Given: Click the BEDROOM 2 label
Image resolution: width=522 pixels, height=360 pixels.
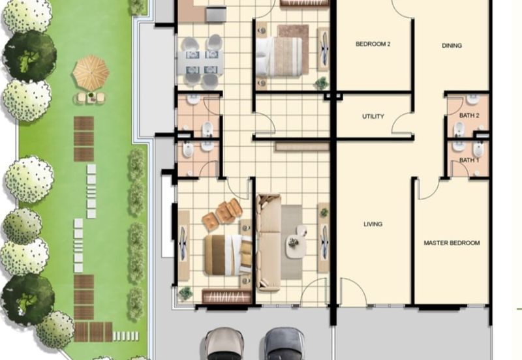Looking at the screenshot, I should [x=373, y=44].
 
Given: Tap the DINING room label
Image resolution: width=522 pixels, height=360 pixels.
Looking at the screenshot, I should [x=452, y=46].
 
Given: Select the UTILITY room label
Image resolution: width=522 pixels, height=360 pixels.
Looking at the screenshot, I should [x=373, y=117].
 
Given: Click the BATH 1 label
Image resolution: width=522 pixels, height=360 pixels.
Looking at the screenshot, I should [x=468, y=160].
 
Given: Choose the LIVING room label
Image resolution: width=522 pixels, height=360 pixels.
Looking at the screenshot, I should [x=373, y=224].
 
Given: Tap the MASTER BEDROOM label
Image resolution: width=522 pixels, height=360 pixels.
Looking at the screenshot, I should [x=452, y=243].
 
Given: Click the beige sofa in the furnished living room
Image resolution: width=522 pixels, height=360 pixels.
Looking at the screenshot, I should [x=268, y=241].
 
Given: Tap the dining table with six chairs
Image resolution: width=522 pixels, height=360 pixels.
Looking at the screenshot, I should [x=201, y=62].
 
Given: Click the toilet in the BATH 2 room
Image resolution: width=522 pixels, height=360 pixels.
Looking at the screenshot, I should [x=459, y=130].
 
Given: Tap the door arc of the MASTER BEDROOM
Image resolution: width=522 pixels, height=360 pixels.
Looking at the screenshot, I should [x=427, y=188].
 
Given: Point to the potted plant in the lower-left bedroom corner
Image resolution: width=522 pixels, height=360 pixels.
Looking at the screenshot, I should [x=186, y=293].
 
